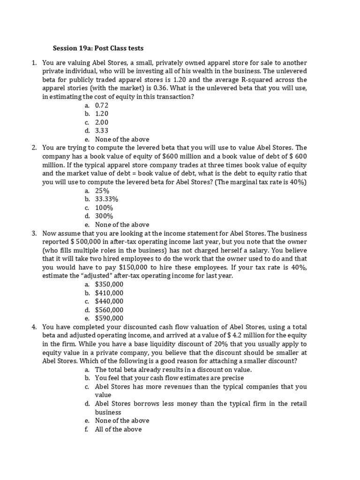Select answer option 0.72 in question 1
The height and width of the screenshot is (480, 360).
[101, 105]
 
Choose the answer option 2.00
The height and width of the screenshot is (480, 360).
[101, 122]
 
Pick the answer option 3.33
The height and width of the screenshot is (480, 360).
[101, 131]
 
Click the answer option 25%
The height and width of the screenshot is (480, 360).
[102, 191]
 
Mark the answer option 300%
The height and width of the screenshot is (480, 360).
[104, 216]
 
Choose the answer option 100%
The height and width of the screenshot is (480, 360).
[104, 208]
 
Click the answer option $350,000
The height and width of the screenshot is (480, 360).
[109, 284]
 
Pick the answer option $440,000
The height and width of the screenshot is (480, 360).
[109, 301]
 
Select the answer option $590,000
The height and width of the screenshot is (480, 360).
[109, 318]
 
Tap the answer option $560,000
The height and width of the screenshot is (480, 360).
[109, 309]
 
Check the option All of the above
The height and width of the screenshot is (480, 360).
[118, 429]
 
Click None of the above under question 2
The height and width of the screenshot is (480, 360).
[122, 225]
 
